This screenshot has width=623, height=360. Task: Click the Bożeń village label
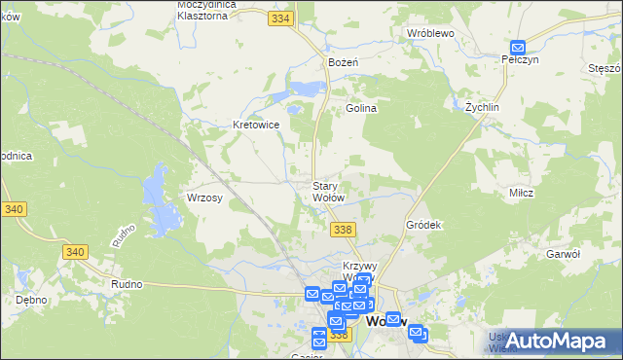343,62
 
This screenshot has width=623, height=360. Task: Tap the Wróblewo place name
431,32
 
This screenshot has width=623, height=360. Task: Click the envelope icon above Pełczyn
518,47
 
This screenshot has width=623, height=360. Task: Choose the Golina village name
360,109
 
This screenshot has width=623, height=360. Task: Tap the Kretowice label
256,125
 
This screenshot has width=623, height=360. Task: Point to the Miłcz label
521,193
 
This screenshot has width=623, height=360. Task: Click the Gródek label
424,225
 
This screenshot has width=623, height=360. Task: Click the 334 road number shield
282,18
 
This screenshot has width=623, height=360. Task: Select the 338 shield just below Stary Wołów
342,229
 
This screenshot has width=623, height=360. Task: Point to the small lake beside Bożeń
306,89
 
